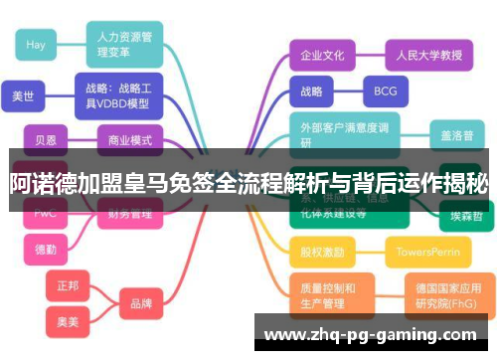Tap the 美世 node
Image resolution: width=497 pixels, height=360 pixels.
[23, 96]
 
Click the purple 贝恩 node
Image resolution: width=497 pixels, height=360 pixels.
[46, 140]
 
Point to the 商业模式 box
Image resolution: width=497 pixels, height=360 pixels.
[129, 140]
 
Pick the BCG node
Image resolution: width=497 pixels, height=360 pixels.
[385, 91]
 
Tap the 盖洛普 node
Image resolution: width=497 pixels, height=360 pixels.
[457, 134]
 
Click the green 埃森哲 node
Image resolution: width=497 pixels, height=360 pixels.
[466, 215]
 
